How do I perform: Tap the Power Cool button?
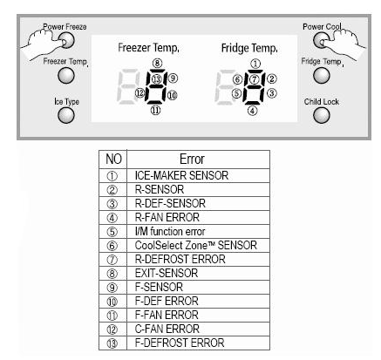point(321,40)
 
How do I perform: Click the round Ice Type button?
point(66,115)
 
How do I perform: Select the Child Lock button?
point(322,115)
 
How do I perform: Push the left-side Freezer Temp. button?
point(66,76)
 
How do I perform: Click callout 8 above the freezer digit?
point(157,64)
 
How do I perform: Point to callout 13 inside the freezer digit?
point(156,78)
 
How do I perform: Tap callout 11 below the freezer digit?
point(155,110)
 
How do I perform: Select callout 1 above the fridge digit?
point(255,64)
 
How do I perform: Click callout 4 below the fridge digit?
point(252,111)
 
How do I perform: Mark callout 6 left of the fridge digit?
point(237,79)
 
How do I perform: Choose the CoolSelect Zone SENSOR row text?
point(195,245)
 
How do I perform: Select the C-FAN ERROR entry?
point(167,329)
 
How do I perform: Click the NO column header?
point(113,160)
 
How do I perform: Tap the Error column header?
point(192,160)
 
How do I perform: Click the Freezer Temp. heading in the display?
point(148,48)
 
